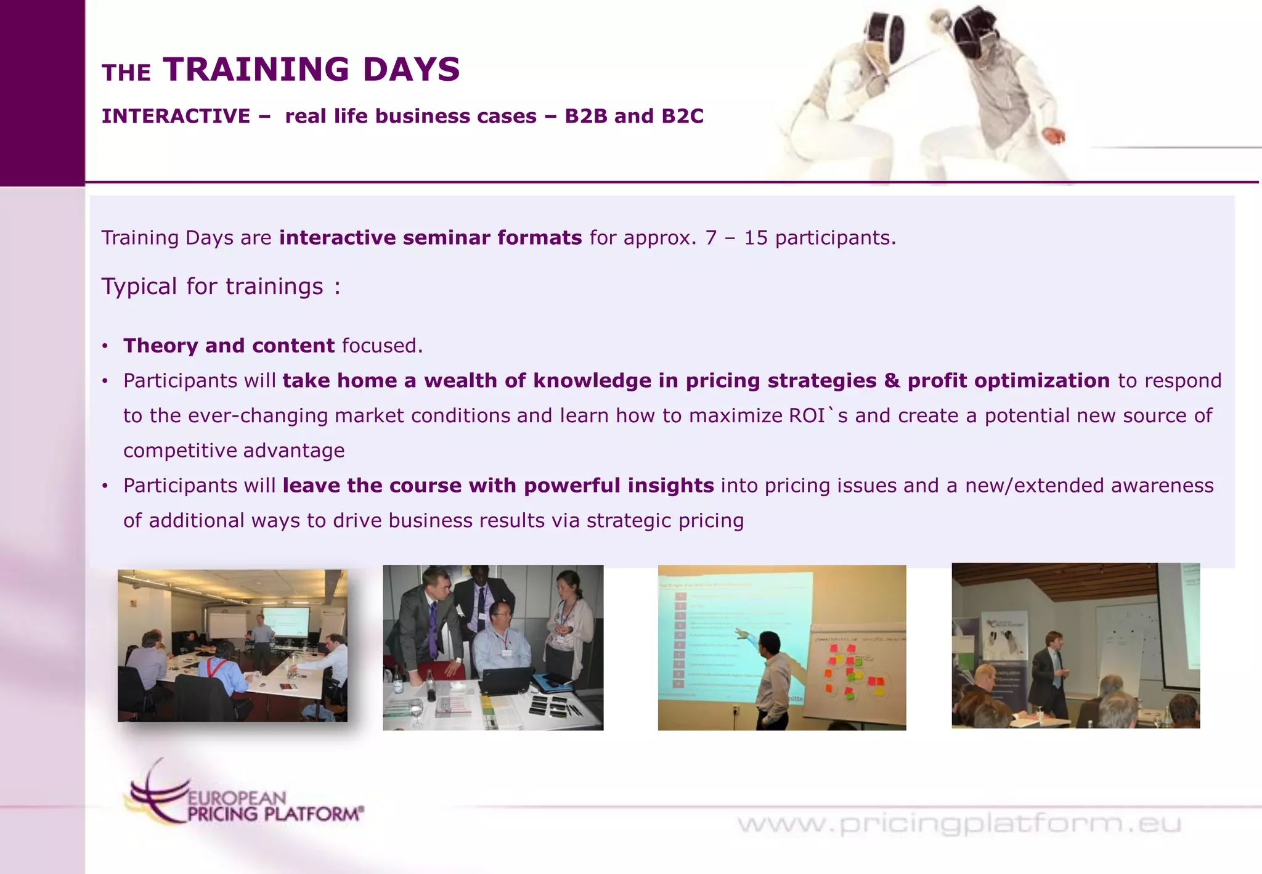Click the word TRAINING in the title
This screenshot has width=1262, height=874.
click(x=256, y=69)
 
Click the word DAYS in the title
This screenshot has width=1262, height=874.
click(x=411, y=69)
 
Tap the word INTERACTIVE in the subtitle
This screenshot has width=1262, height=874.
click(x=176, y=116)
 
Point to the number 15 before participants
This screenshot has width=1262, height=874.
click(x=755, y=238)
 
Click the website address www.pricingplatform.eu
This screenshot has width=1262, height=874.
click(x=959, y=823)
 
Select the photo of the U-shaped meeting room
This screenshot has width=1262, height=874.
click(x=232, y=645)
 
